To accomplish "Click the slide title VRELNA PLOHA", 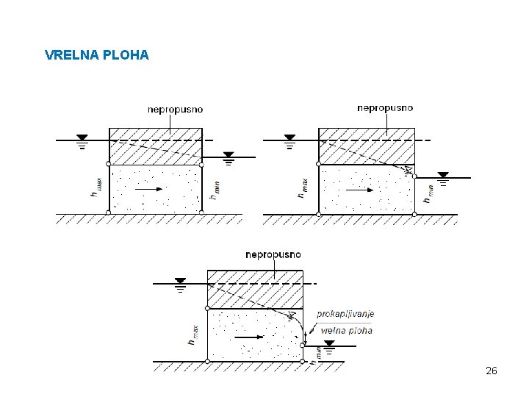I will (x=96, y=55).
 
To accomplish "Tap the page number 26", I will (x=492, y=371).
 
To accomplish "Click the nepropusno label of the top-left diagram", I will (x=175, y=110).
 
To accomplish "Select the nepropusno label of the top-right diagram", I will (x=385, y=107).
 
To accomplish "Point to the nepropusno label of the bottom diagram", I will (x=273, y=254).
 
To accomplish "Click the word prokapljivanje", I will (x=345, y=314).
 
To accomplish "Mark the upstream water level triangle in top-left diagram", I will (x=82, y=137).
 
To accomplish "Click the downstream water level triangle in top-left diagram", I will (x=228, y=155).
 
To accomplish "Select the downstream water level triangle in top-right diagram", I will (x=443, y=175).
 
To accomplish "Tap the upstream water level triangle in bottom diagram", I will (x=181, y=281).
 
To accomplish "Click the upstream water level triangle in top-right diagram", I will (x=289, y=137).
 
